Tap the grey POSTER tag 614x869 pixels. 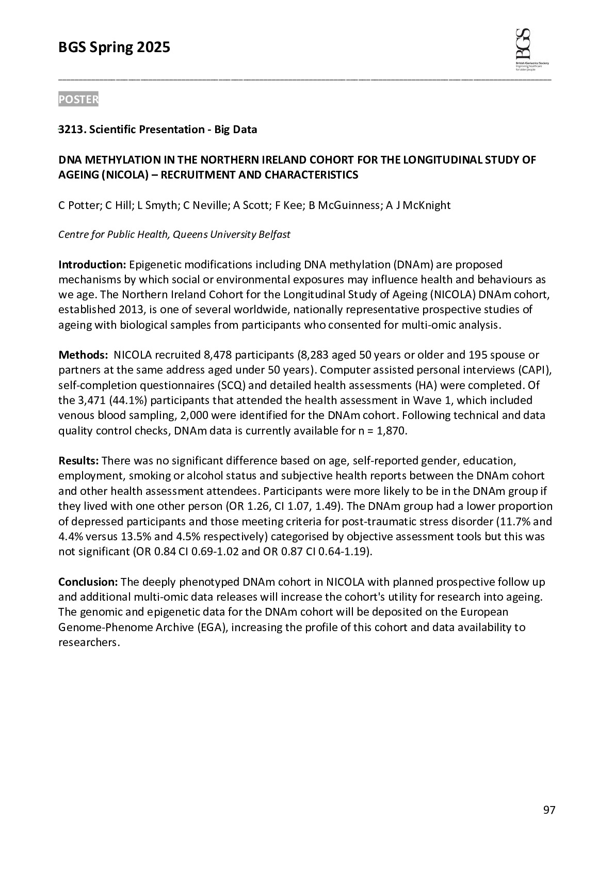pos(78,100)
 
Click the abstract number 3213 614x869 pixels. pos(71,130)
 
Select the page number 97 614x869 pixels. pos(549,810)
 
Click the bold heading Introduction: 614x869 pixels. pos(92,265)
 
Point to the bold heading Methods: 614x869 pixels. pos(83,355)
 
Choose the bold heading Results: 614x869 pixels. pos(78,460)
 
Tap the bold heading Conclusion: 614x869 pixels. pos(88,582)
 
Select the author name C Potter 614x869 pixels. pos(78,205)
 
